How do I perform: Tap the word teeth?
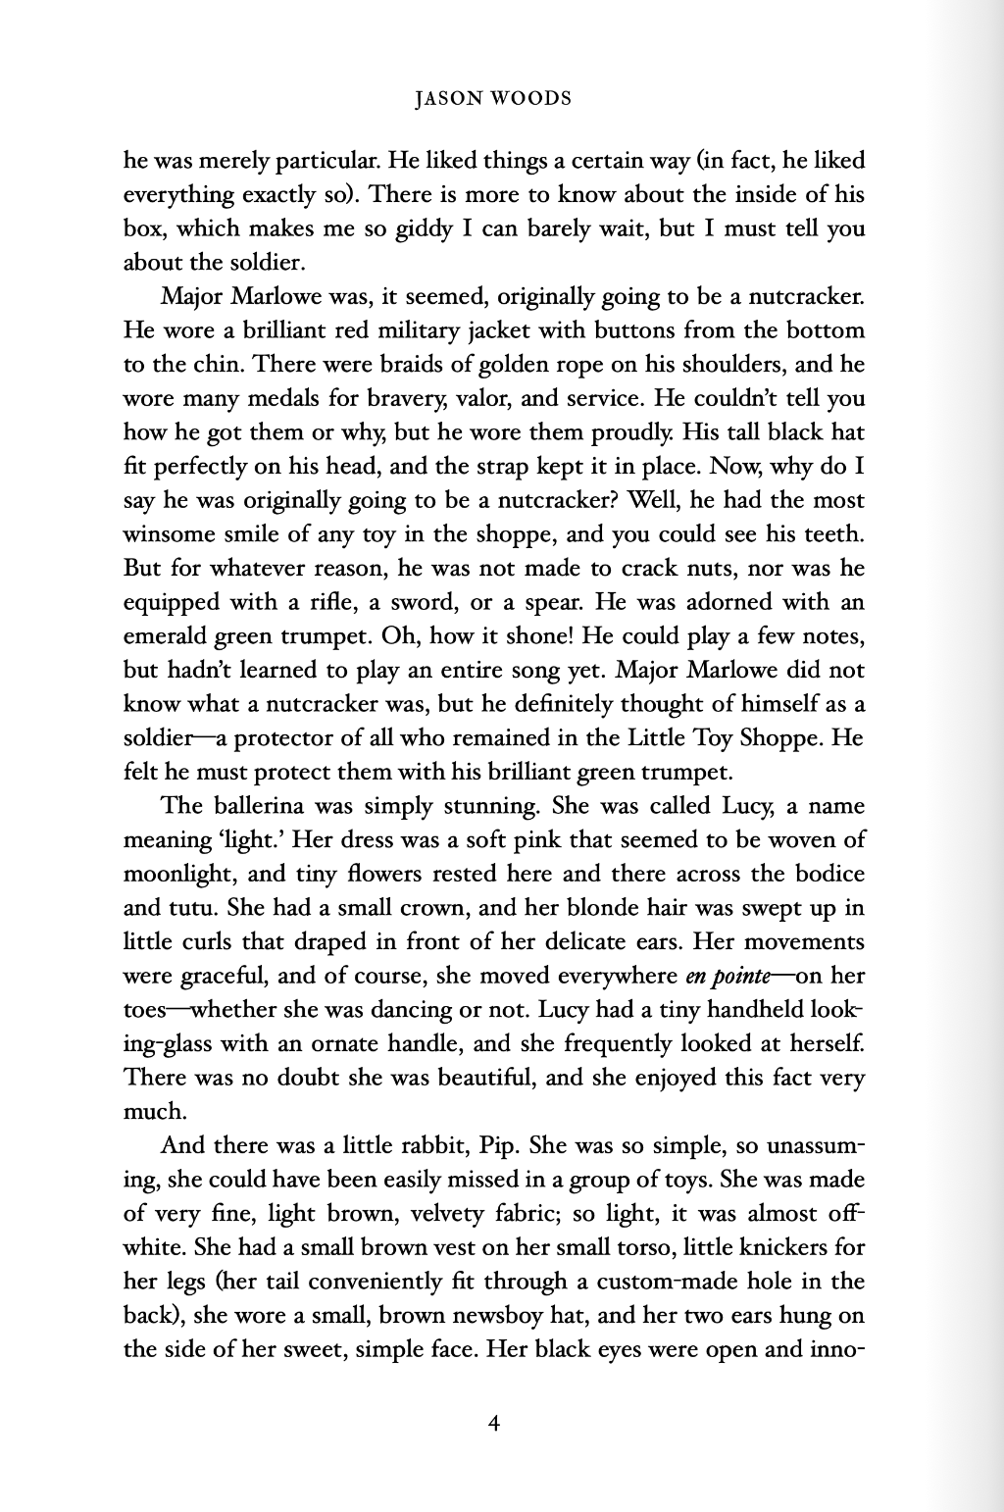point(834,534)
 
